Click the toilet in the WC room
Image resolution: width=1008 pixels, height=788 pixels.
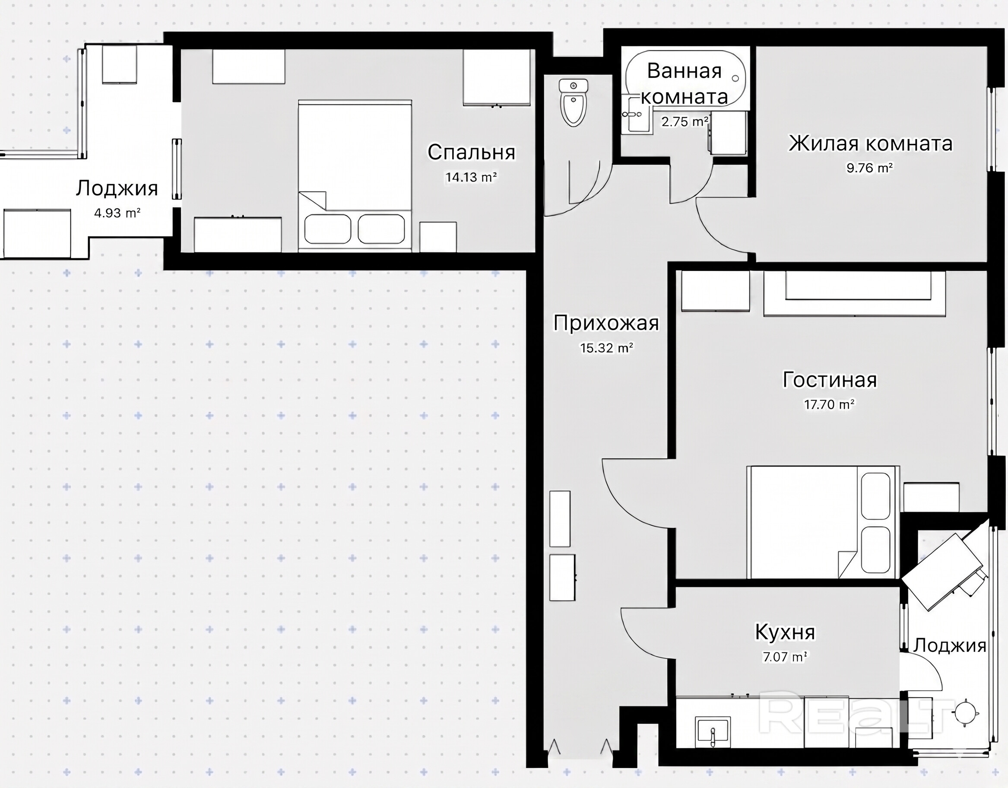tap(573, 102)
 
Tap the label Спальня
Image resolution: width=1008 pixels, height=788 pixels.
tap(471, 153)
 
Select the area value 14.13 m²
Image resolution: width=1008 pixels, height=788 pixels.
tap(471, 177)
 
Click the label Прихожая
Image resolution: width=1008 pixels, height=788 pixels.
tap(606, 323)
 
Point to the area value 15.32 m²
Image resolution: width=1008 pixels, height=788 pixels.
tap(606, 348)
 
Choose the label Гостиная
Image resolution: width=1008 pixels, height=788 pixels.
tap(830, 380)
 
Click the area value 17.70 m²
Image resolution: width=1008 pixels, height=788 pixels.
tap(829, 405)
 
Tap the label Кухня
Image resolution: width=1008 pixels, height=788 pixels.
tap(785, 632)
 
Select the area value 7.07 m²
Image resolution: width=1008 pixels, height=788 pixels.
tap(785, 656)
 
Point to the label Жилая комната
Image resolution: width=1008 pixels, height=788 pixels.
tap(871, 143)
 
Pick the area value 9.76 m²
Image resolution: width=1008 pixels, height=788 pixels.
tap(869, 168)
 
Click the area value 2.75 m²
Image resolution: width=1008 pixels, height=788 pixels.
tap(685, 122)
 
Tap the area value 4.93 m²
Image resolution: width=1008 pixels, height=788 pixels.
tap(117, 213)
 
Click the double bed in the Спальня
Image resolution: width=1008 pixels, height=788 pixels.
tap(355, 175)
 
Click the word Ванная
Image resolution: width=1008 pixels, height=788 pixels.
tap(684, 71)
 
